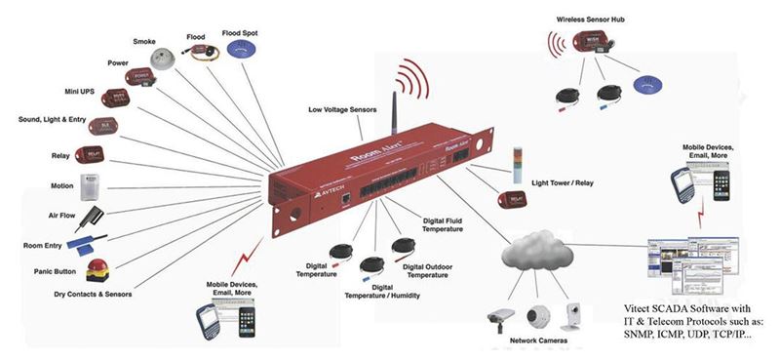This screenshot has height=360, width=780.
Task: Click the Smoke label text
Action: [x=144, y=41]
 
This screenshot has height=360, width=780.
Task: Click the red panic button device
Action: [x=98, y=268]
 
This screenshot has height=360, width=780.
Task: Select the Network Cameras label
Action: [x=530, y=341]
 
